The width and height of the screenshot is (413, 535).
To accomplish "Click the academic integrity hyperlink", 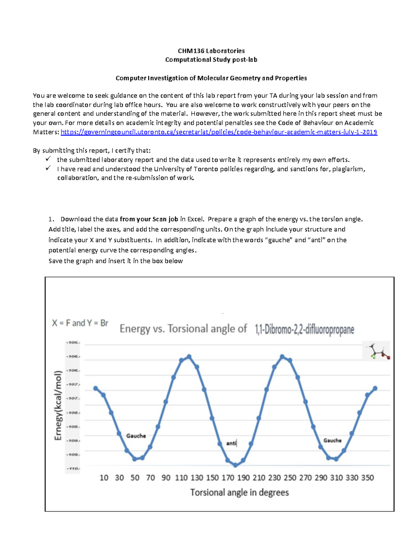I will point(219,132).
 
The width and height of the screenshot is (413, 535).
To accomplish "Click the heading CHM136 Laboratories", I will point(211,51).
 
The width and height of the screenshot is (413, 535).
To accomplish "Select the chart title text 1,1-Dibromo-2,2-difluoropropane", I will point(304,330).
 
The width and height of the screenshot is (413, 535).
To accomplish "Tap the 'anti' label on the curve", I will point(231,443).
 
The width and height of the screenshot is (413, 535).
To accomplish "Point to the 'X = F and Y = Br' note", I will point(80,323).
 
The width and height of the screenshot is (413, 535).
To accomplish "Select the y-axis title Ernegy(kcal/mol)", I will point(58,405).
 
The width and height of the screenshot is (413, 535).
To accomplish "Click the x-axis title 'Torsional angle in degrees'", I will point(240,493).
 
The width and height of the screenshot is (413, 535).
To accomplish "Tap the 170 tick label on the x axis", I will point(228,478).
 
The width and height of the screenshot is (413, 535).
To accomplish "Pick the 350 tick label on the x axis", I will point(367,478).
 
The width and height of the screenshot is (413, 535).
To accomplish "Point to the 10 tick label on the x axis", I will point(104,478).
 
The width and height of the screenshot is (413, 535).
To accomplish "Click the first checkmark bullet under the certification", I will point(48,159).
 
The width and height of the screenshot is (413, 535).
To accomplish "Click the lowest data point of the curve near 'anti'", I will point(235,465).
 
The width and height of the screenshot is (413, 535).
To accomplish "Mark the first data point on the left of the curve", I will point(96,388).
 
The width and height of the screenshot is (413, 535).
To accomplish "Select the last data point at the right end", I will point(375,388).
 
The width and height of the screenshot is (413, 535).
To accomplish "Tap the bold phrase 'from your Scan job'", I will point(149,219).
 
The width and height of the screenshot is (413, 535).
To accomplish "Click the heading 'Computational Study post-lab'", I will point(211,60).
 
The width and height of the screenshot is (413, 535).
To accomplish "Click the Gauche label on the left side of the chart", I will point(136,436).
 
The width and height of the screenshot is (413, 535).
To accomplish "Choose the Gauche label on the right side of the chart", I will point(332,441).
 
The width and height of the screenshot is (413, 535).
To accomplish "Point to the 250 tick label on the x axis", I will point(290,478).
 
